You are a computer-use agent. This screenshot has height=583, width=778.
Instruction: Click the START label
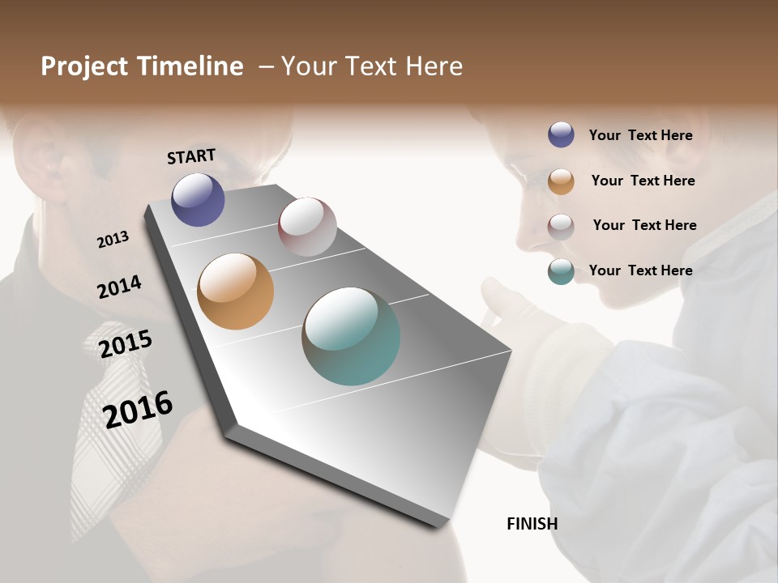tap(191, 156)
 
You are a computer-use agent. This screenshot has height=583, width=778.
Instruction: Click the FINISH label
tap(532, 524)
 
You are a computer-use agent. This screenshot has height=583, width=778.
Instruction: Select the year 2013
tap(113, 239)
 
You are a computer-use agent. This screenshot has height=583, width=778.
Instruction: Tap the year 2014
tap(119, 287)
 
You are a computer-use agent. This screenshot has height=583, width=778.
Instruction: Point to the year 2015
tap(126, 343)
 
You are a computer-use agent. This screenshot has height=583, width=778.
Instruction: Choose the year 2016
tap(138, 409)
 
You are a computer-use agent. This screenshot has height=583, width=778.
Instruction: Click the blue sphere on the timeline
tap(198, 199)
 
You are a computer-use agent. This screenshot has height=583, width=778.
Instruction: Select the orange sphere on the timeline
tap(235, 291)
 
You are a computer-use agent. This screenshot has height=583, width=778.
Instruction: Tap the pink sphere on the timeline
tap(307, 227)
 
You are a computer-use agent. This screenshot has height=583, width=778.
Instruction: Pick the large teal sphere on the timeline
tap(351, 336)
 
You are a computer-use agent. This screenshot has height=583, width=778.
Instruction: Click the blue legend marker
tap(561, 135)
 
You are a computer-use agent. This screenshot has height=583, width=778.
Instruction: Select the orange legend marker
tap(561, 181)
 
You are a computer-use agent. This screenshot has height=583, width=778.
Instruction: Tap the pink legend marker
tap(561, 225)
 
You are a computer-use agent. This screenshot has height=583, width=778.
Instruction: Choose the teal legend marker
tap(561, 270)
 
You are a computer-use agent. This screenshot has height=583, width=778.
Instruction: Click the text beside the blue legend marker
tap(640, 135)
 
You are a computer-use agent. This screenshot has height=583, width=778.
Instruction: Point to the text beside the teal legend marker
tap(640, 270)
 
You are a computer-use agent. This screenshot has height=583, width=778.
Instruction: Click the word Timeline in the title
tap(190, 66)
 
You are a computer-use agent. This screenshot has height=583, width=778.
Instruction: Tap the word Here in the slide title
tap(434, 66)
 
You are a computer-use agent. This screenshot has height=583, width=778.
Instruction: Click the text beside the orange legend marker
tap(643, 181)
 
